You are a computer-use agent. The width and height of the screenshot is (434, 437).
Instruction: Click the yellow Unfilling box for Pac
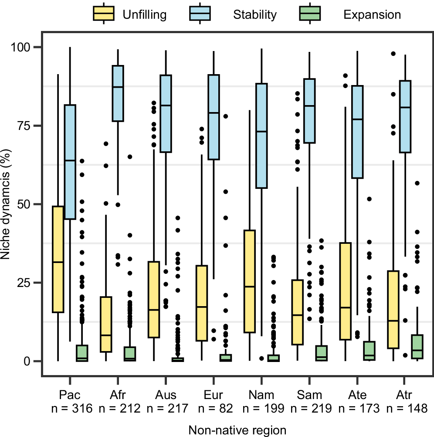pos(58,259)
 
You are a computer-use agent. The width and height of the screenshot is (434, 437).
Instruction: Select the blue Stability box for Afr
pos(118,93)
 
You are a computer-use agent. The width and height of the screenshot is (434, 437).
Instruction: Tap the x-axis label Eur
pos(214,396)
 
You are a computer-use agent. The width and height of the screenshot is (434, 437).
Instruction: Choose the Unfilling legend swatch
pos(103,14)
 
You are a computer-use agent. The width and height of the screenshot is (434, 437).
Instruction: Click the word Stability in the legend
pos(255,14)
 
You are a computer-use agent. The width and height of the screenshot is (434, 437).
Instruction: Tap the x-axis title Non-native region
pos(237,430)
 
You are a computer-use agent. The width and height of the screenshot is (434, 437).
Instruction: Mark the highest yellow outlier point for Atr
pos(393,54)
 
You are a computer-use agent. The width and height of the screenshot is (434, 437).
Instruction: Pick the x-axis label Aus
pos(166,396)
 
